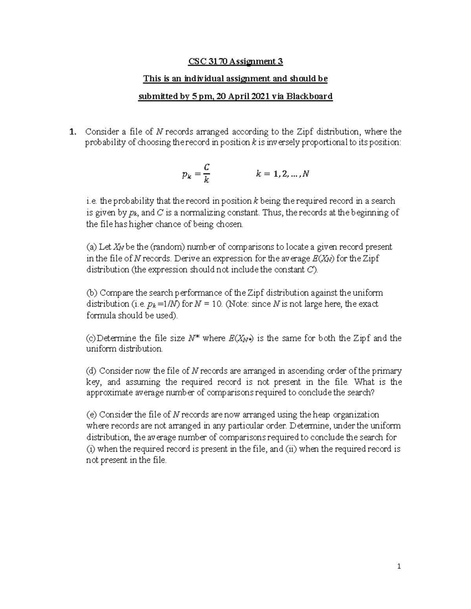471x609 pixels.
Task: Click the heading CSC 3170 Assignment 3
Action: pyautogui.click(x=235, y=62)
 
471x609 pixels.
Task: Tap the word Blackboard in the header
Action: pyautogui.click(x=311, y=96)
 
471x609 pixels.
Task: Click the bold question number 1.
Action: pyautogui.click(x=71, y=132)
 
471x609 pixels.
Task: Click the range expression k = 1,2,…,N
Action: pyautogui.click(x=282, y=174)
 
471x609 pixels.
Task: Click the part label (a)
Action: pyautogui.click(x=91, y=247)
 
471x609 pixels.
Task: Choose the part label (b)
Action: pyautogui.click(x=91, y=293)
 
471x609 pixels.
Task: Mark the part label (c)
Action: pyautogui.click(x=91, y=338)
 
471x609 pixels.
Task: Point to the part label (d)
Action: pyautogui.click(x=91, y=371)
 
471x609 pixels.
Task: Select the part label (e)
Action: pyautogui.click(x=91, y=415)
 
